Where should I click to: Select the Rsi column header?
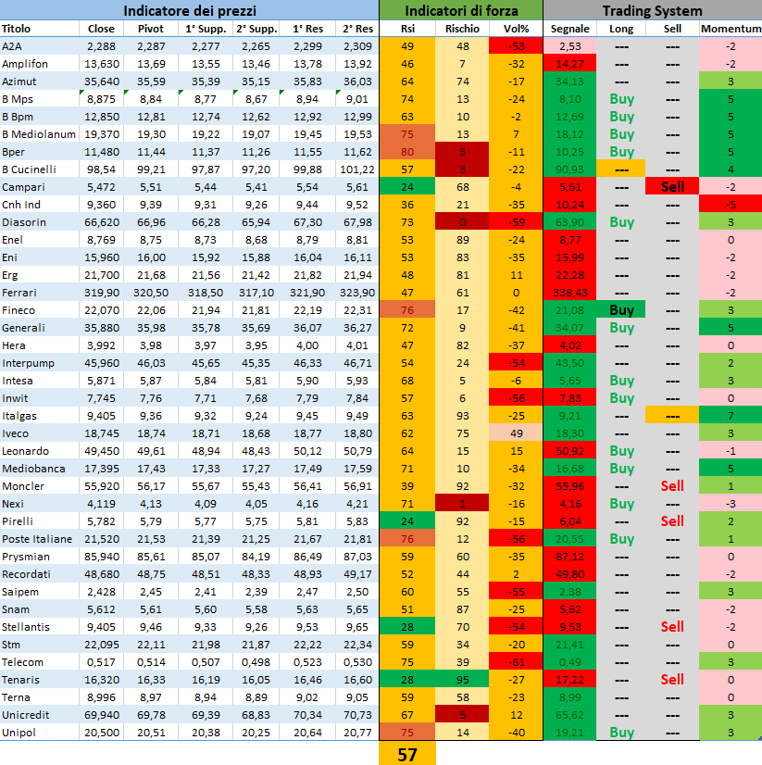click(407, 29)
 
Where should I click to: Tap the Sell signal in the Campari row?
click(672, 187)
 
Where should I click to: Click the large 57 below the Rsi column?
click(407, 754)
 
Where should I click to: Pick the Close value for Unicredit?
click(100, 715)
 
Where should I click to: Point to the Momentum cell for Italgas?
click(731, 416)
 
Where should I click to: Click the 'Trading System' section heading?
click(652, 11)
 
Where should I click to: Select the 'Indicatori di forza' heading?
click(460, 11)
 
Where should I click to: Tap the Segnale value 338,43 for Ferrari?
click(569, 293)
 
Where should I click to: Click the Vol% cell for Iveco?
click(516, 433)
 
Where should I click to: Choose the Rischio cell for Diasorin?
click(462, 222)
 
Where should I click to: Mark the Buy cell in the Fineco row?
click(622, 310)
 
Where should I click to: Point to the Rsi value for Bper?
click(407, 152)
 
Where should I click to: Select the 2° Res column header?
click(356, 29)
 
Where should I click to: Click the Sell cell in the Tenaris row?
click(672, 680)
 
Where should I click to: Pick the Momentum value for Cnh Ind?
click(731, 205)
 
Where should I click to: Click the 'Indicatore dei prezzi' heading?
click(189, 11)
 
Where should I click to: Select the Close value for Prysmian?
click(100, 557)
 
